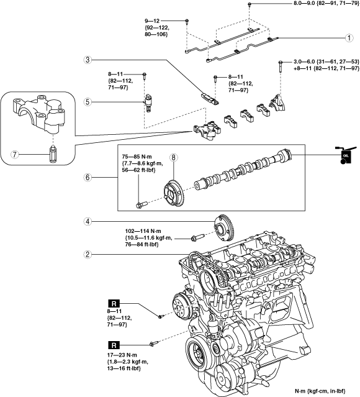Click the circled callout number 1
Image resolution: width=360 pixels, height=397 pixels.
coord(349,38)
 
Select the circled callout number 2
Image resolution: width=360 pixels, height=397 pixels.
coord(88,254)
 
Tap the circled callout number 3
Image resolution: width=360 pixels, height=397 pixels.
coord(88,60)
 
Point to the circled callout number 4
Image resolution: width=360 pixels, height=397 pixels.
coord(88,222)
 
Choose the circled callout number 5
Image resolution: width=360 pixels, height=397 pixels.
coord(88,102)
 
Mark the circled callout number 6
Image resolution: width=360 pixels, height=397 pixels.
coord(88,177)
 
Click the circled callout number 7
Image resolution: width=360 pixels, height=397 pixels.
coord(15,154)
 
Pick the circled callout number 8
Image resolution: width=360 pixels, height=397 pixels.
coord(174,157)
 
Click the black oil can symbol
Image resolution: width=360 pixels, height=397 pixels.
coord(344,155)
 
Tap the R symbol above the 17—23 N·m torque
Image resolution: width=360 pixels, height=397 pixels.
coord(114,345)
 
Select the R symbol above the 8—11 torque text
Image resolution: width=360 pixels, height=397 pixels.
coord(114,303)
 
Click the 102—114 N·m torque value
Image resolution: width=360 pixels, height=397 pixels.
coord(143,231)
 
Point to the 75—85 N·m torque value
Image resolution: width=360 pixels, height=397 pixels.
coord(137,157)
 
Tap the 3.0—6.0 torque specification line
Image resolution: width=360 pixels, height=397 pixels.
coord(326,62)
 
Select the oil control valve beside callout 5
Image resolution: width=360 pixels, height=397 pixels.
coord(148,103)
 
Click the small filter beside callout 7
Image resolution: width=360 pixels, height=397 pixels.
coord(53,154)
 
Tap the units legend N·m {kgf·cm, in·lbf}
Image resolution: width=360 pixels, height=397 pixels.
coord(320,391)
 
